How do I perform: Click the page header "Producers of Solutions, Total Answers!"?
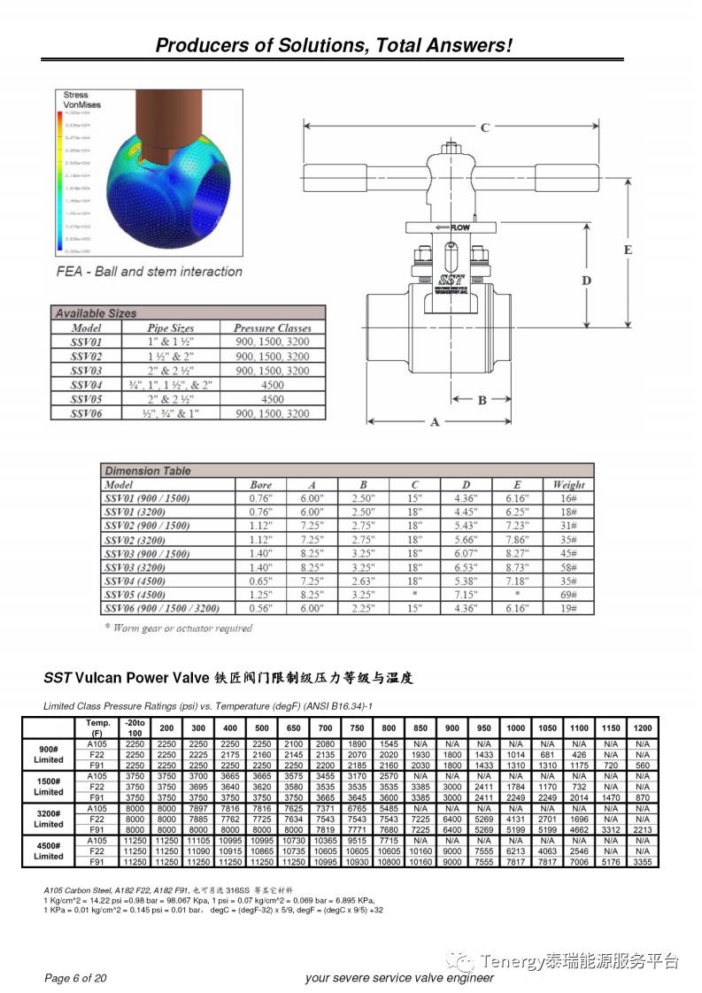coord(334,46)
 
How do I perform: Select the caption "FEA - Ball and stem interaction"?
coord(149,272)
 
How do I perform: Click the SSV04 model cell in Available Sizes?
coord(87,385)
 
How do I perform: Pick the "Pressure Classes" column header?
coord(272,327)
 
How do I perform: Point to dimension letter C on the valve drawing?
coord(485,127)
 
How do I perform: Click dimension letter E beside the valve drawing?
coord(628,250)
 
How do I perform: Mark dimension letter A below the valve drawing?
coord(435,422)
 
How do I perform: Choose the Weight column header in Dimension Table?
coord(568,485)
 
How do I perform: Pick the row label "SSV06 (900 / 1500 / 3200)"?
coord(162,609)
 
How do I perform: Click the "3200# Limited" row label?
coord(49,819)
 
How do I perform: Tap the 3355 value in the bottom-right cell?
coord(643,861)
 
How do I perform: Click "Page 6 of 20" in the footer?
coord(75,978)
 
